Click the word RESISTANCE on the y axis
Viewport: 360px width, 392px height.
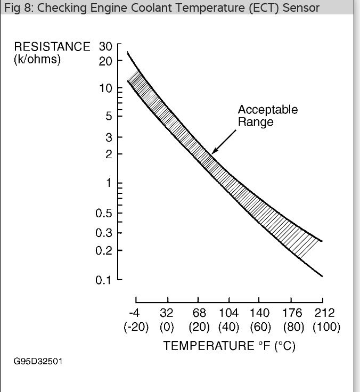tap(52, 47)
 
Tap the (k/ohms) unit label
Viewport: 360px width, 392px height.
tap(37, 59)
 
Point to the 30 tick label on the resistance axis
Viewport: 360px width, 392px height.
tap(106, 47)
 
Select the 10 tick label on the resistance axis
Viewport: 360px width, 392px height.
tap(106, 88)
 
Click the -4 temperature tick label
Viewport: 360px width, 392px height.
tap(135, 313)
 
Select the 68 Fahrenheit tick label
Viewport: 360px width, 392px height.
tap(199, 313)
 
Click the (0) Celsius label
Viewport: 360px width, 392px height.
tap(167, 327)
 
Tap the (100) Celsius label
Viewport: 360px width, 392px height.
tap(326, 327)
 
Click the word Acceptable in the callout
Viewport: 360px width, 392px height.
tap(267, 110)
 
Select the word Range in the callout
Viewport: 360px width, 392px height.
tap(256, 122)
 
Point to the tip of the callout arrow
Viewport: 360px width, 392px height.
tap(212, 153)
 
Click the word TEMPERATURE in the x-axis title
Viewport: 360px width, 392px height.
tap(208, 346)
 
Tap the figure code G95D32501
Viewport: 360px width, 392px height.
tap(38, 362)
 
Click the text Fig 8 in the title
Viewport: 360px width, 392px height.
tap(16, 8)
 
